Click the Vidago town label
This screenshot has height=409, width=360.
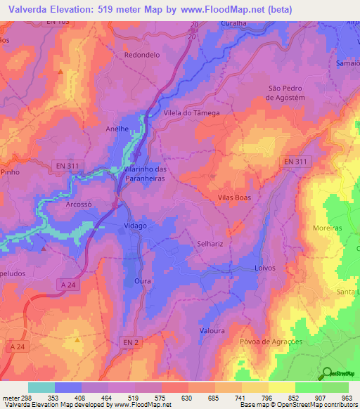[135, 226]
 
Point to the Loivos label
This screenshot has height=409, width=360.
[264, 269]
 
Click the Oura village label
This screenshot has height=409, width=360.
[143, 280]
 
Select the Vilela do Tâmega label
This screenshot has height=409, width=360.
[191, 113]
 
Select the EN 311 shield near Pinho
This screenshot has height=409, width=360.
[68, 166]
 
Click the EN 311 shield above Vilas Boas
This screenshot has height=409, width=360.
[296, 162]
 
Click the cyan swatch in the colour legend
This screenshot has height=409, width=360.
[41, 387]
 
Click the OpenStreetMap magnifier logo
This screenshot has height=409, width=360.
[328, 374]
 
